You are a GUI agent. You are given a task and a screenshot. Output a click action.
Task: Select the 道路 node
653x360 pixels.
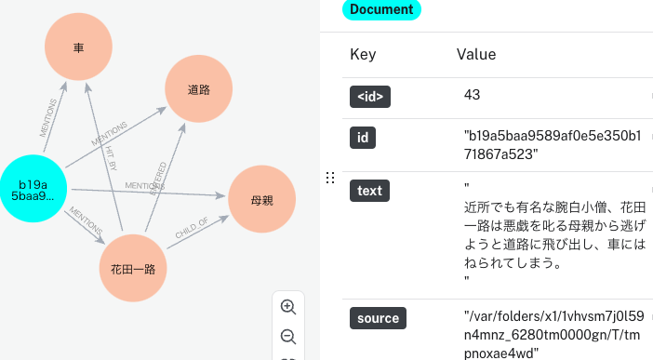pos(198,89)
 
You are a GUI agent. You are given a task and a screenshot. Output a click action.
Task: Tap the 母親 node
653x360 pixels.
pos(261,199)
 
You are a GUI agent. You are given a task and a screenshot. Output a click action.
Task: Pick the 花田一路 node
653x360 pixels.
pos(133,269)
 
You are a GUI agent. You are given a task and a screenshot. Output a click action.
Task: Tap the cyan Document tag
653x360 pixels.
pos(381,9)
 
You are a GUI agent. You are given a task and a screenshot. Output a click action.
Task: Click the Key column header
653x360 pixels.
pos(363,55)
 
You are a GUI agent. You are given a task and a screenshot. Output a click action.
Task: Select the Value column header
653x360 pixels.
pos(476,55)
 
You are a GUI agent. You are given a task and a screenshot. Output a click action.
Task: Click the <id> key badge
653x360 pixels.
pos(369,96)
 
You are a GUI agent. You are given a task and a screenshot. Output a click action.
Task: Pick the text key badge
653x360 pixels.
pos(369,191)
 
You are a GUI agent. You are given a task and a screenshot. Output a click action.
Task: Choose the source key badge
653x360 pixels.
pos(378,318)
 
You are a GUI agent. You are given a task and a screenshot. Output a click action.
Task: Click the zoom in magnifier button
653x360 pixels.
pos(288,307)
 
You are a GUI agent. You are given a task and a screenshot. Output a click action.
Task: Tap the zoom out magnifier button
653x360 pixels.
pos(288,337)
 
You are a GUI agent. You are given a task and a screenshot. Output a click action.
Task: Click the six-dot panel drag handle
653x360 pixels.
pos(329,179)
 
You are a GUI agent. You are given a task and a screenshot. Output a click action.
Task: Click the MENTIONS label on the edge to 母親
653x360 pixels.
pos(144,185)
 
